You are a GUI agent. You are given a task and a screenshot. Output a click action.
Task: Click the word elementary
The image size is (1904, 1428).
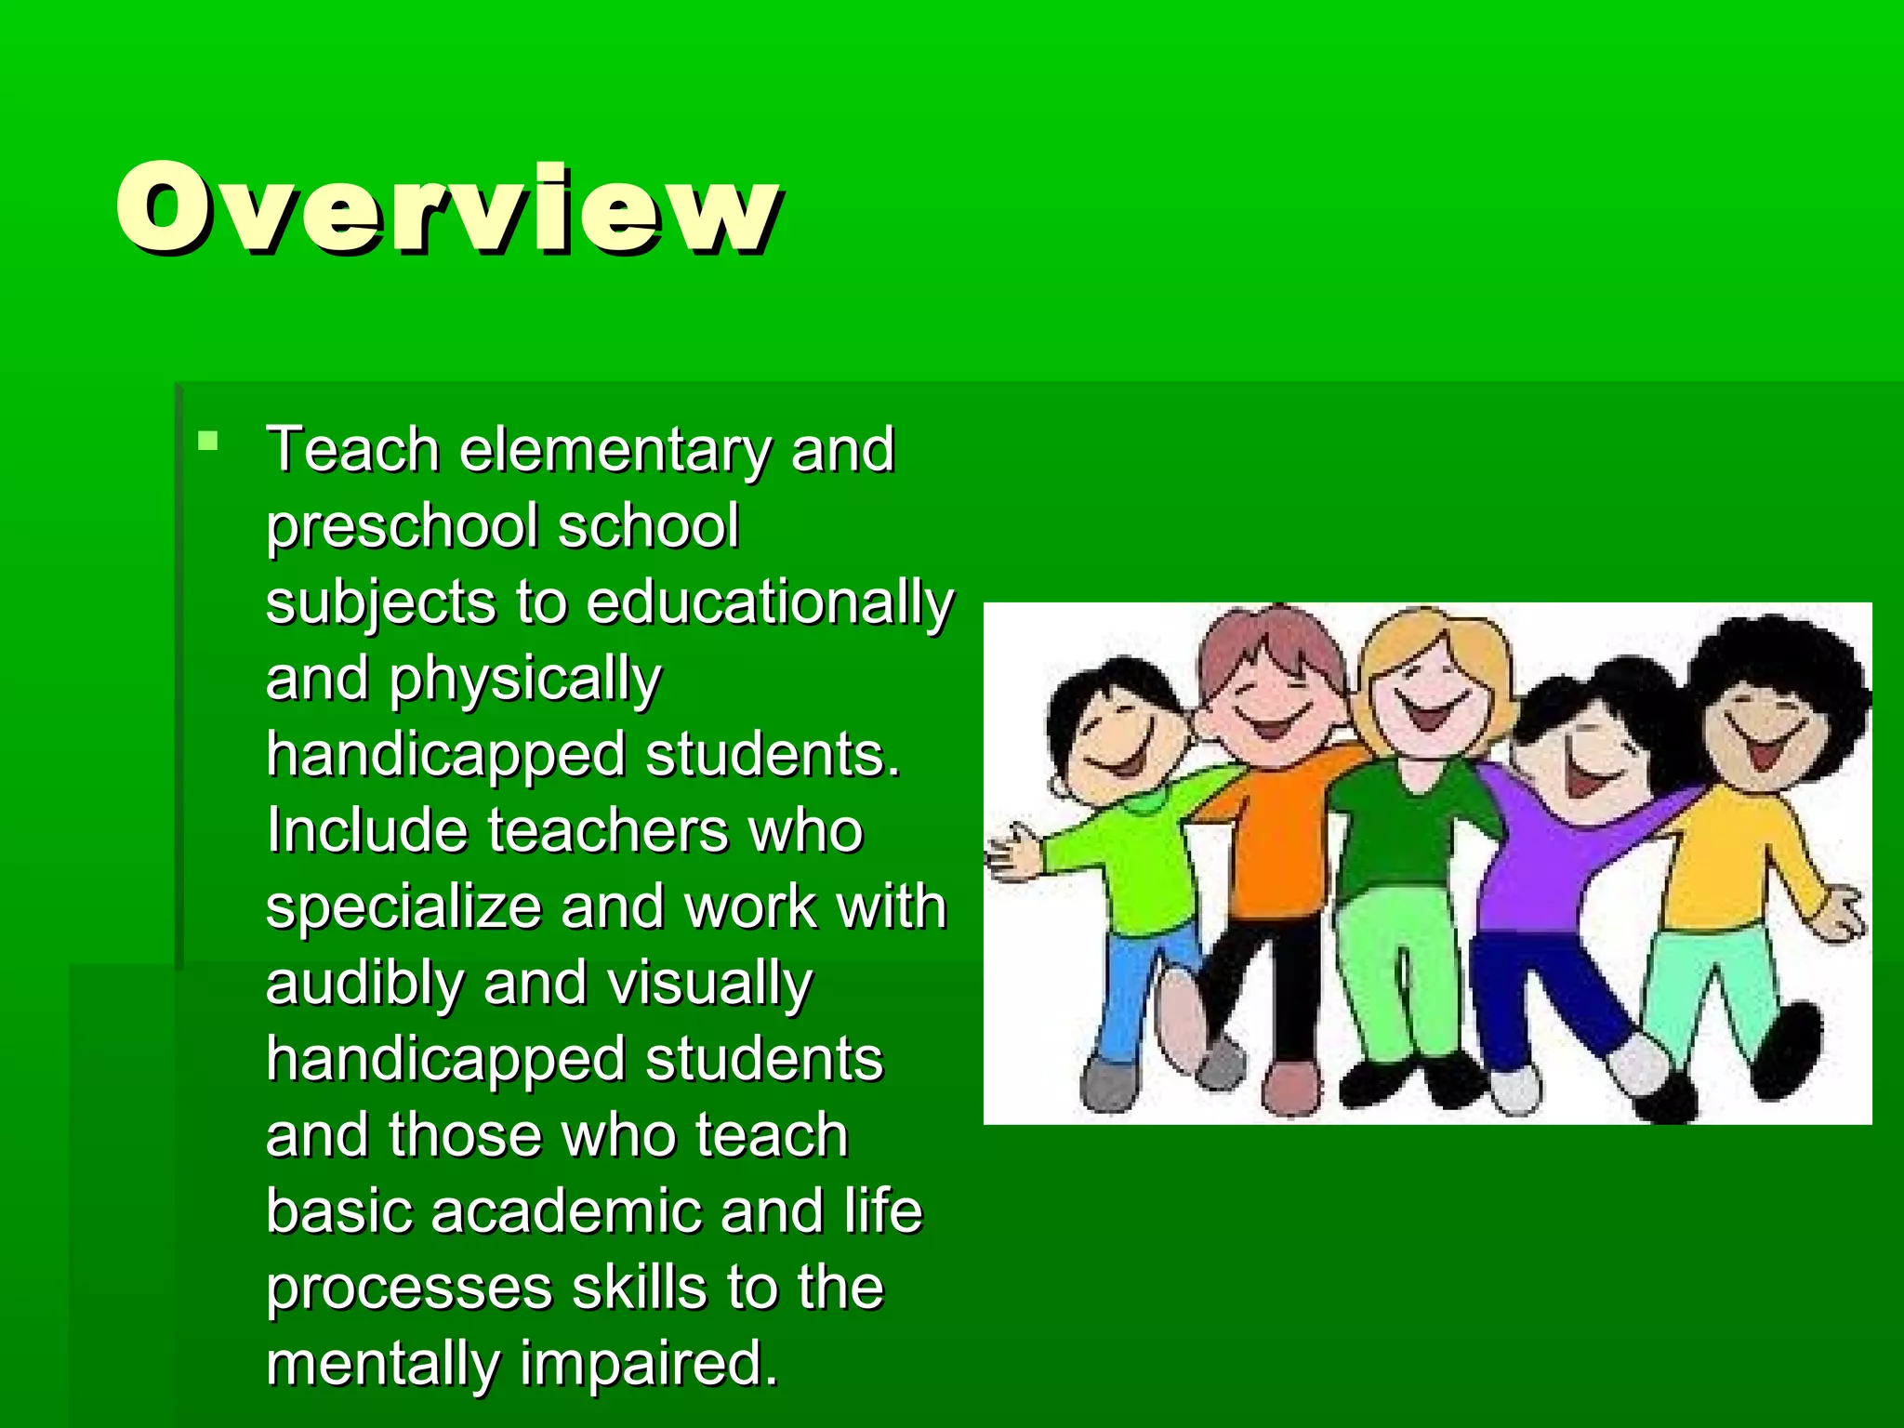[x=615, y=450]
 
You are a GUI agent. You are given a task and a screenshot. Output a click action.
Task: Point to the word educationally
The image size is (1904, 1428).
[x=770, y=602]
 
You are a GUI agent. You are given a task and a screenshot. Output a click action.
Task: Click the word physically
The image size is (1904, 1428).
[x=524, y=680]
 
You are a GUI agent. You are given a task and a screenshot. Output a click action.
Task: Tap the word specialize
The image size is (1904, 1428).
[x=403, y=907]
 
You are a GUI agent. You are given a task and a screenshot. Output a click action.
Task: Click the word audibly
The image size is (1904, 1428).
[x=364, y=984]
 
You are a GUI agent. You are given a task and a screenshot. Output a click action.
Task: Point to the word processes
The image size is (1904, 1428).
[x=409, y=1289]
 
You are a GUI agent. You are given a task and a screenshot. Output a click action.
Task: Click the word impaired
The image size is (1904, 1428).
[x=647, y=1364]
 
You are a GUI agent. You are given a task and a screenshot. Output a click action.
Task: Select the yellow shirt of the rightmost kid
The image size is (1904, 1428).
[x=1729, y=855]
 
